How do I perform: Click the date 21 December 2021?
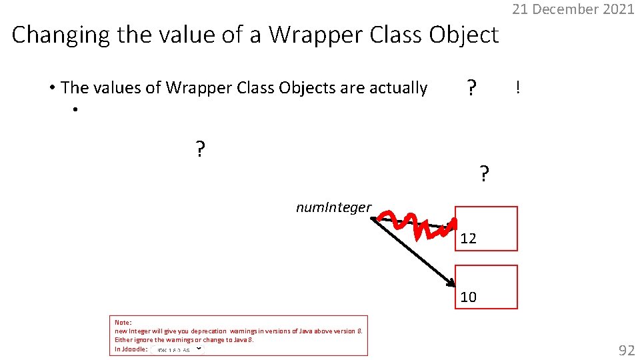point(573,9)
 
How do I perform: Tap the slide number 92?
point(626,350)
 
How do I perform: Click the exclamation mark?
point(518,87)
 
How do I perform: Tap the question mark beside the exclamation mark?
point(471,87)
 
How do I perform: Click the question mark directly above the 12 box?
point(484,175)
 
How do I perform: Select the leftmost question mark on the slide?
point(200,149)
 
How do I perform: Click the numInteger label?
point(333,207)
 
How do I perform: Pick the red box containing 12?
point(486,229)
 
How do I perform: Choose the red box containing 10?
point(486,287)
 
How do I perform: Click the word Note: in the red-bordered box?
point(123,323)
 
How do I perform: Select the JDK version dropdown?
point(177,349)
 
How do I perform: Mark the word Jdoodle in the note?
point(129,349)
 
